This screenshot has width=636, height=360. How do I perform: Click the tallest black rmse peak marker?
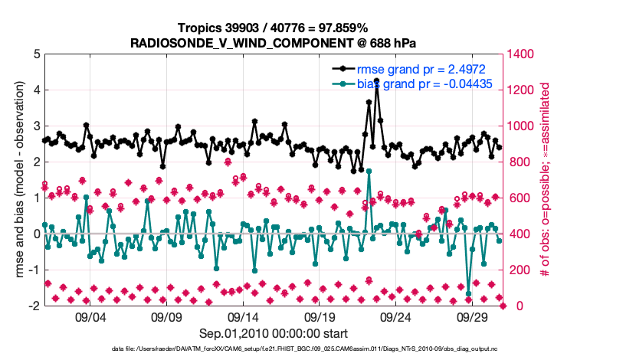pyautogui.click(x=376, y=80)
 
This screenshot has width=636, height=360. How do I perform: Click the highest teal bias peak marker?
pyautogui.click(x=369, y=172)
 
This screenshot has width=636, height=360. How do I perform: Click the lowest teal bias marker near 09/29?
pyautogui.click(x=468, y=294)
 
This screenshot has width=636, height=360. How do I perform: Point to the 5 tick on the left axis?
pyautogui.click(x=37, y=54)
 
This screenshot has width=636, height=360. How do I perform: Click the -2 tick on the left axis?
pyautogui.click(x=34, y=306)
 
